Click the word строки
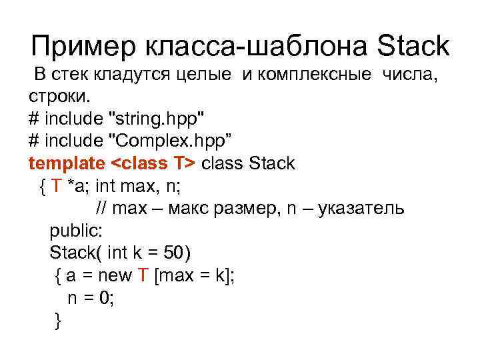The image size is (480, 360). (x=58, y=99)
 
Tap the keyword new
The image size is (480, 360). (x=115, y=275)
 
